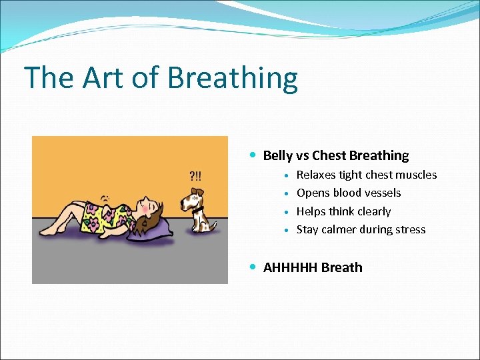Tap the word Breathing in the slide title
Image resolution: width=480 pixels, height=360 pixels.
pyautogui.click(x=233, y=79)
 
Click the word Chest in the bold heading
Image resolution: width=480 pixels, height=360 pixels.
pyautogui.click(x=329, y=155)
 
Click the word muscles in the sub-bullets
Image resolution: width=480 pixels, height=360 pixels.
pyautogui.click(x=416, y=175)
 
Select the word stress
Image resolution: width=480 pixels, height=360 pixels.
pyautogui.click(x=409, y=229)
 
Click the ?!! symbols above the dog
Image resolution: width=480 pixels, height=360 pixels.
pyautogui.click(x=197, y=176)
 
